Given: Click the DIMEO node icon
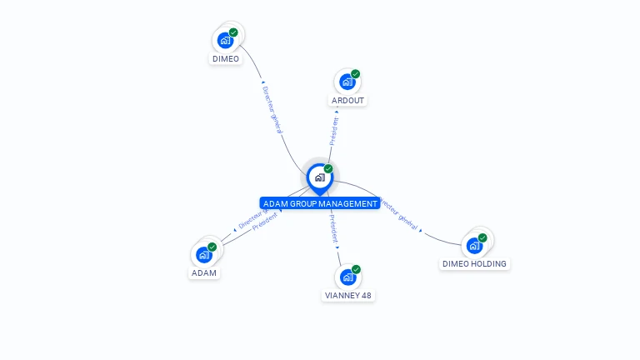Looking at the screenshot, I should pos(225,40).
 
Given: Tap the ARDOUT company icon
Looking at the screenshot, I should pos(347,82).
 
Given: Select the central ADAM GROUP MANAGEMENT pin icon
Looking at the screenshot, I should pos(319,177).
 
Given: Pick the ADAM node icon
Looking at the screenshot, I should pos(204,255).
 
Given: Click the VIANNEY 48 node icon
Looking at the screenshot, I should pos(347,277).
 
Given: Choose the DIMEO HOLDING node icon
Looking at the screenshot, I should pos(474,245).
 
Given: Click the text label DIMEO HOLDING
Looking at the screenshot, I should pos(474,263).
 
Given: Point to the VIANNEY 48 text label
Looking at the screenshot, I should pos(348,295).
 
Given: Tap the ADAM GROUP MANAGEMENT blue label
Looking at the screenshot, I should pos(320,203).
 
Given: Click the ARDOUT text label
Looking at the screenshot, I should pos(347,100).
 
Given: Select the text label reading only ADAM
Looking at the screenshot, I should pos(204,273).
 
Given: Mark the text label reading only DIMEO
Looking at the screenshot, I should pos(225,59).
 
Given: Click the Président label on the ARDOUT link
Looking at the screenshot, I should pos(334,131).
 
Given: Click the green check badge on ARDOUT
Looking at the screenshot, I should pos(356,74).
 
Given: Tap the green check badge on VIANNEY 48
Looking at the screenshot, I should pos(356,269).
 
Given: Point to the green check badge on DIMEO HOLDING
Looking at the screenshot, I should pos(482,237).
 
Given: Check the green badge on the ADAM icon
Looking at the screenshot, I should pos(212,247).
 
